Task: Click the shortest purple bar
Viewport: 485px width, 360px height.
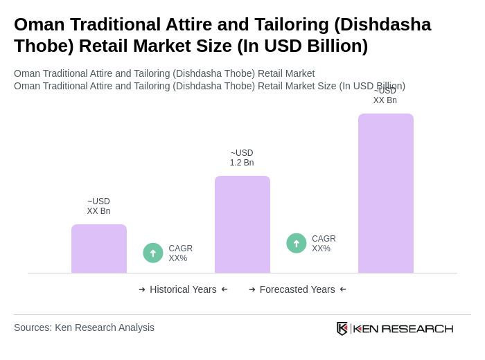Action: (x=98, y=249)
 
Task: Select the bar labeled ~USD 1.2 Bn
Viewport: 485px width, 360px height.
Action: (x=242, y=224)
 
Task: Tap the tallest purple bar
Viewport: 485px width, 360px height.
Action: (x=385, y=193)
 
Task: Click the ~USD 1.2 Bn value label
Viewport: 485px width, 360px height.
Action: (x=242, y=158)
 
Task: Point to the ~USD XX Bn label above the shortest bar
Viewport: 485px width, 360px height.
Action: (x=98, y=206)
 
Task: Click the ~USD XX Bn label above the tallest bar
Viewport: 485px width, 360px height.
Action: (x=385, y=96)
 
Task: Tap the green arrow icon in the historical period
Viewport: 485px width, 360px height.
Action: (x=153, y=253)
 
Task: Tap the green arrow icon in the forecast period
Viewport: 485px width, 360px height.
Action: (x=297, y=243)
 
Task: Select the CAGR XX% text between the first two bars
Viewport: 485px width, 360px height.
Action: (x=180, y=253)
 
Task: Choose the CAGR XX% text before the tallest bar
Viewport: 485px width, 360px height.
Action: (x=324, y=244)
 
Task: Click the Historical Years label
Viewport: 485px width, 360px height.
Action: (x=183, y=289)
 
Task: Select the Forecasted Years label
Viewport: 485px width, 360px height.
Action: (x=297, y=289)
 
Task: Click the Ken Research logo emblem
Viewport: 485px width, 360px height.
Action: (x=342, y=328)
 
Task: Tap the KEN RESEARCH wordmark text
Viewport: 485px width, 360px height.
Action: (x=403, y=329)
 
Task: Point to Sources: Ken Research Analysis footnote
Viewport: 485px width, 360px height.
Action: (x=84, y=327)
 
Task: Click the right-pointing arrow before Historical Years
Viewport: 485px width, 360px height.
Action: (x=142, y=289)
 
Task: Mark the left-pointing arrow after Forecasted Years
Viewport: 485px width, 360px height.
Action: (x=343, y=289)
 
